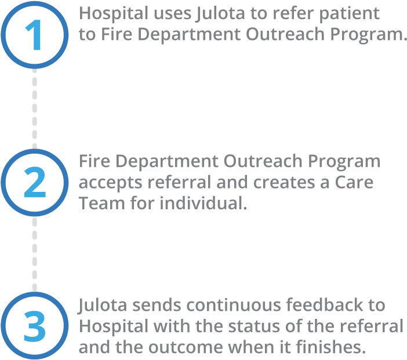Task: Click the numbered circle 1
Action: point(34,35)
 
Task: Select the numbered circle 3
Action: point(34,326)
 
